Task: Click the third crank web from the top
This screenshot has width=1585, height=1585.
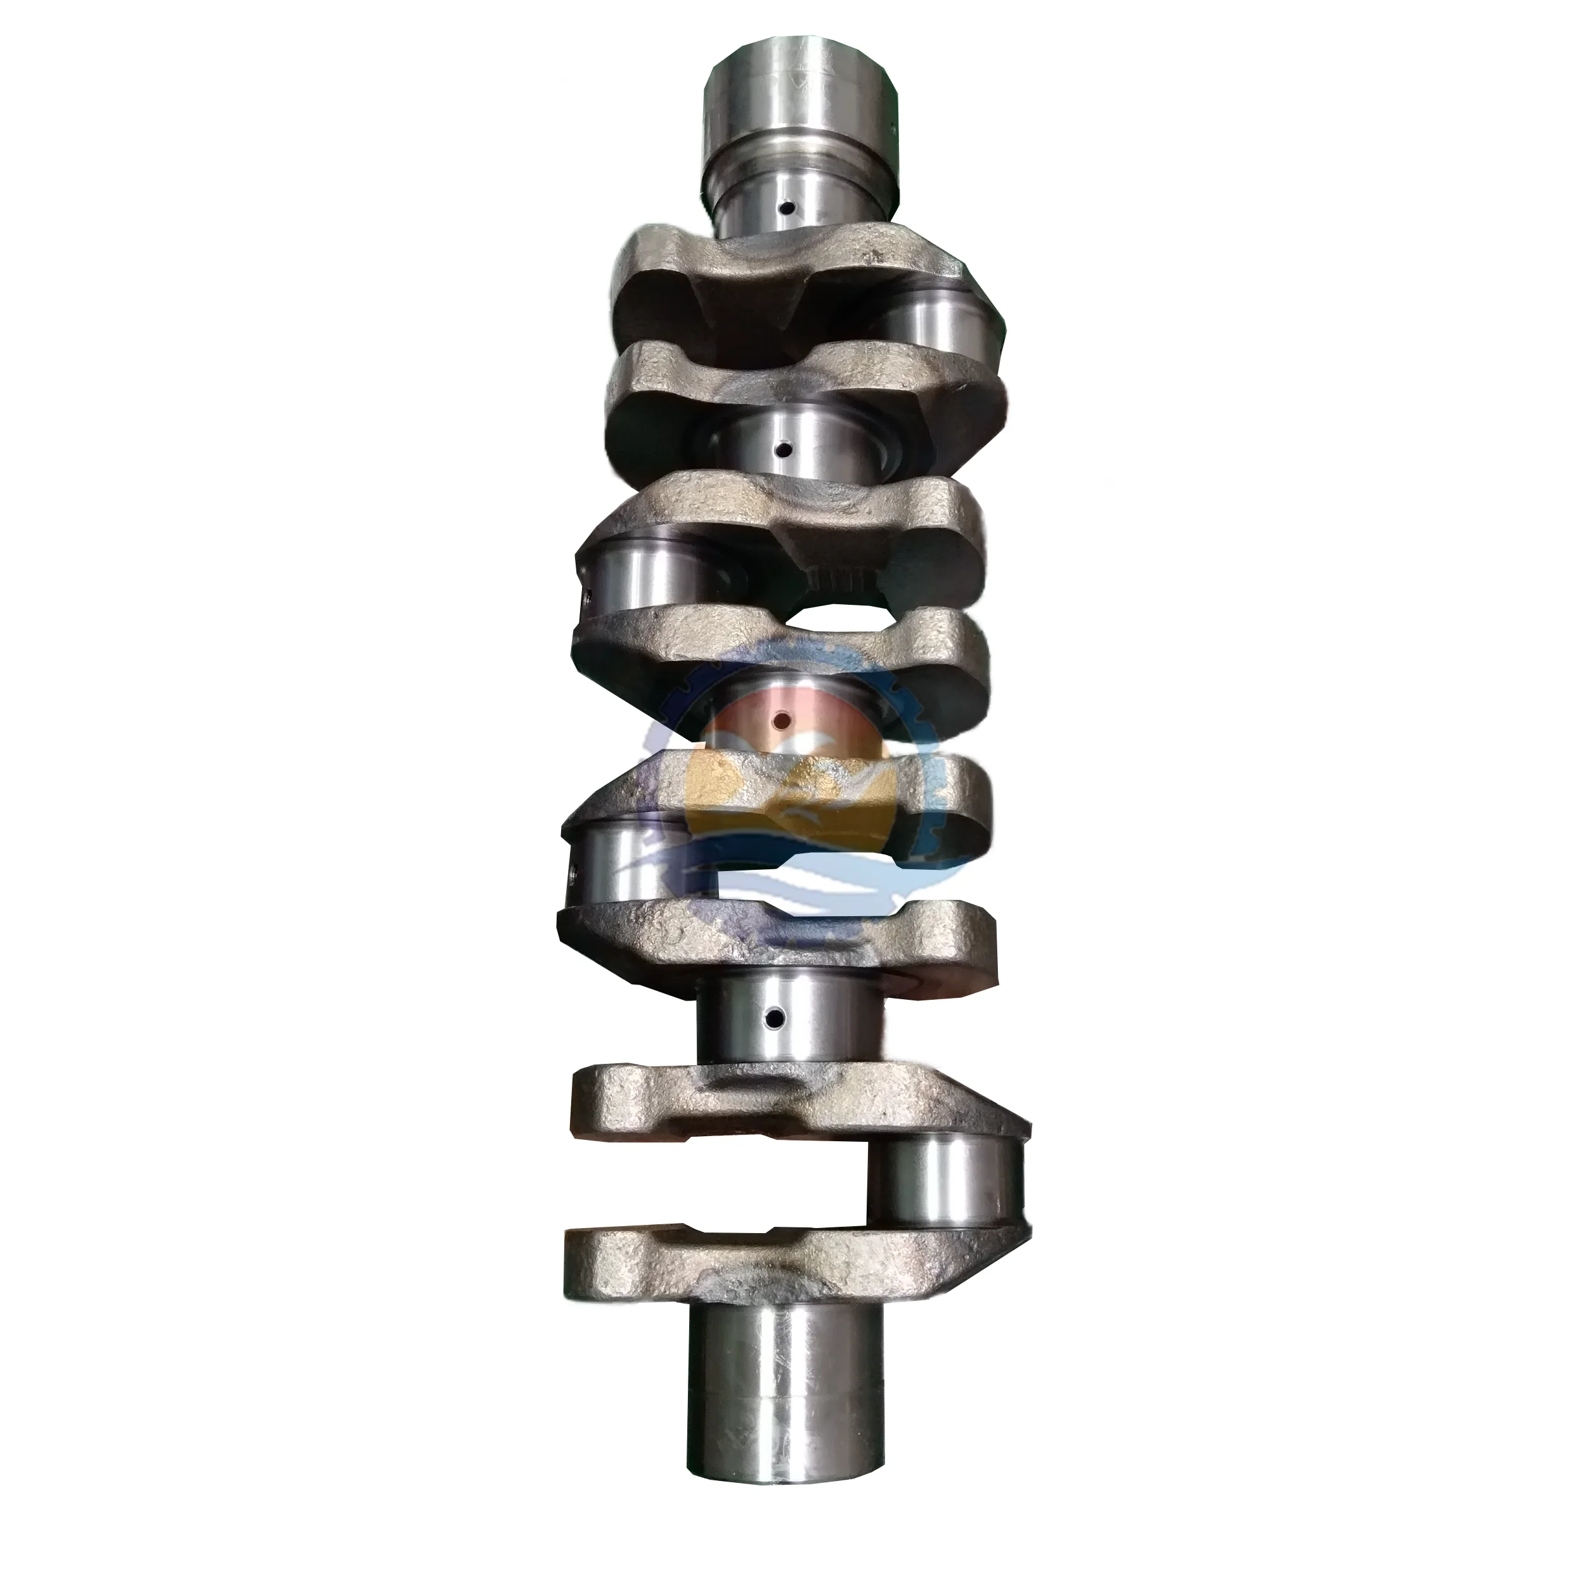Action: point(787,513)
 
